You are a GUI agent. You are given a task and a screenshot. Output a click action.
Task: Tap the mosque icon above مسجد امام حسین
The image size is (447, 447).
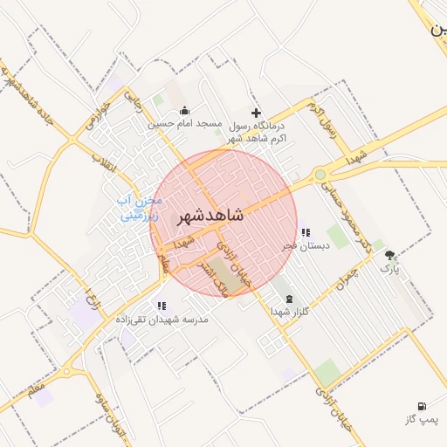[184, 111]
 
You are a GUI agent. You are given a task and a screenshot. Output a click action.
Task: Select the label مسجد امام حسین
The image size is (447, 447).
[184, 124]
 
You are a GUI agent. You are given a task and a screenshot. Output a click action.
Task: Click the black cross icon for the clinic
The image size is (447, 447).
[256, 113]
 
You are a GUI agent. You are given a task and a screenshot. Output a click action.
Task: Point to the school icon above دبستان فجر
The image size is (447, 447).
[305, 232]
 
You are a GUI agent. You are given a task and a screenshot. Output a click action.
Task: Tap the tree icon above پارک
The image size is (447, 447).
[389, 255]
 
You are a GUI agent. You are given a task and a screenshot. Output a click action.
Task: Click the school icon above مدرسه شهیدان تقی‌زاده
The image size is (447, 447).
[162, 306]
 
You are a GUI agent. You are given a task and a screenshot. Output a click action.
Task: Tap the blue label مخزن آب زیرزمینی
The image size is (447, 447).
[138, 206]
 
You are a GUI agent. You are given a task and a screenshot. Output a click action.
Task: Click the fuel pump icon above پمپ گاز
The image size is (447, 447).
[423, 407]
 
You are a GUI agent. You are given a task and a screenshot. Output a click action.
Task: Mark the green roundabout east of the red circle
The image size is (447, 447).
[322, 175]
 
